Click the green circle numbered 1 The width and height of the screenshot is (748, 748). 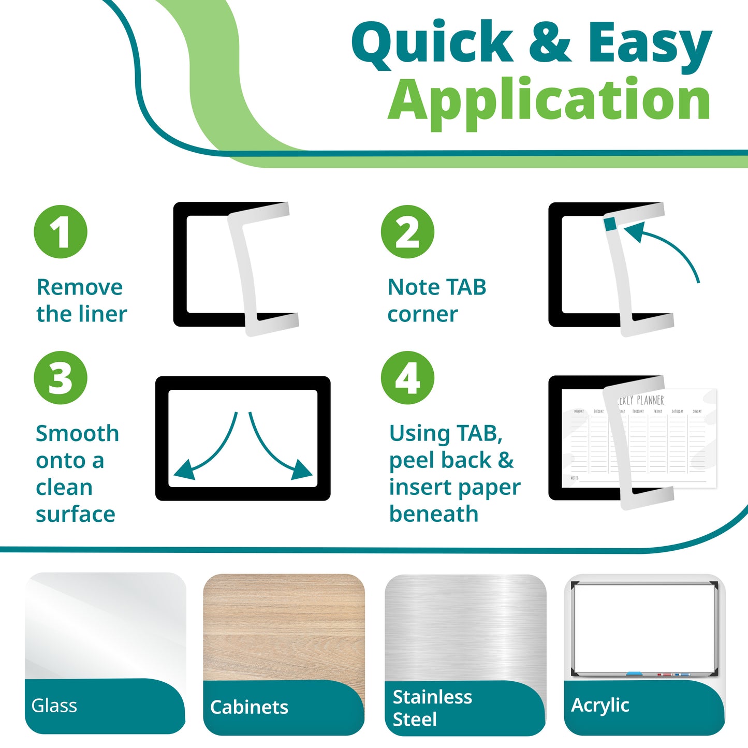61,232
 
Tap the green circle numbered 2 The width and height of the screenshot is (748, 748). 407,232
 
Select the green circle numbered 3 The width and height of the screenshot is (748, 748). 61,378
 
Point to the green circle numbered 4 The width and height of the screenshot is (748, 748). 407,378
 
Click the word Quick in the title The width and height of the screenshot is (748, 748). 432,44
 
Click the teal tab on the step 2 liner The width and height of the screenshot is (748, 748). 610,223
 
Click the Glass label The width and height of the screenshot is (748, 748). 54,706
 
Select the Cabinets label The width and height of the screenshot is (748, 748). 249,707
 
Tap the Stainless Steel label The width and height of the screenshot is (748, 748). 432,708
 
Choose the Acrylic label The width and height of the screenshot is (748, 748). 600,705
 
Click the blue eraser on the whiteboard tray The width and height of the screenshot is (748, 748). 635,674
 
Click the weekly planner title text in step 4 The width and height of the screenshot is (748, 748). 642,400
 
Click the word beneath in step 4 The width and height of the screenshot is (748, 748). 434,514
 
